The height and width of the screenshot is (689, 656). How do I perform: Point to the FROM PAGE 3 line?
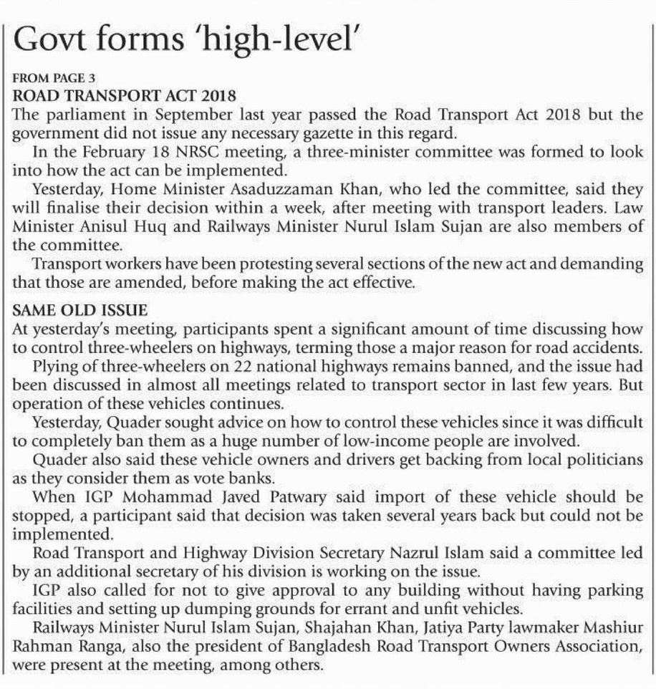pos(54,78)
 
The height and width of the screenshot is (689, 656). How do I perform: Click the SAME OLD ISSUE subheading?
pos(80,310)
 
